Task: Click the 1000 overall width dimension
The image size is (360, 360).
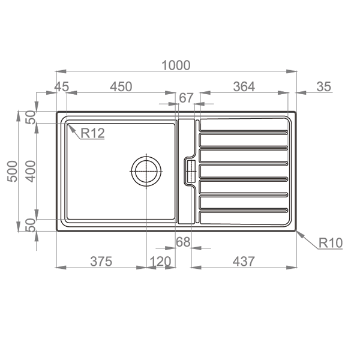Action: [x=175, y=65]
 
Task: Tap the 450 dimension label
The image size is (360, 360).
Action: [x=120, y=87]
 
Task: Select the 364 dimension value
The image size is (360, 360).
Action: [x=244, y=87]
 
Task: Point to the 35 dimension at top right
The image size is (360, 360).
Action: [x=323, y=87]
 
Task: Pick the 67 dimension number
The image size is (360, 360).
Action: [x=187, y=98]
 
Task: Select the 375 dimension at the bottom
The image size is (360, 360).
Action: [x=102, y=262]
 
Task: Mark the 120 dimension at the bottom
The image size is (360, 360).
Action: [x=160, y=262]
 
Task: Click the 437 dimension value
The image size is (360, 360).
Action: [x=243, y=262]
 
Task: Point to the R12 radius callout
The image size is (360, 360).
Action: [x=92, y=133]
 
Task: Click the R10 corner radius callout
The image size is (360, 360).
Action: [x=330, y=243]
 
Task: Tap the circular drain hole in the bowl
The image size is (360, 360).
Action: [x=146, y=171]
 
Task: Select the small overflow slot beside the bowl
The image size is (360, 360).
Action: [x=190, y=171]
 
